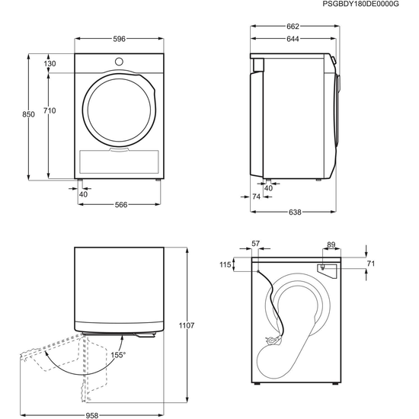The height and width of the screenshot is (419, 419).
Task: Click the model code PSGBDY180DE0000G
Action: [x=370, y=5]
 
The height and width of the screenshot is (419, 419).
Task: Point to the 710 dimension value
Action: [x=50, y=111]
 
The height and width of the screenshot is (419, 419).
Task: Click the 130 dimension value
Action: [x=50, y=64]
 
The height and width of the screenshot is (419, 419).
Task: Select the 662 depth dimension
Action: [x=293, y=27]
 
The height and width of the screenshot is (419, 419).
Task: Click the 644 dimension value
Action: [x=293, y=40]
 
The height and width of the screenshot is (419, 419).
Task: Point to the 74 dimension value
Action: [x=256, y=197]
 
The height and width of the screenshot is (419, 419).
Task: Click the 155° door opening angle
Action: [x=119, y=354]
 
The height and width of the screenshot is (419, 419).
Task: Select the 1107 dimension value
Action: [x=187, y=325]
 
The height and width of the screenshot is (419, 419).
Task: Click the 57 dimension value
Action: [x=256, y=244]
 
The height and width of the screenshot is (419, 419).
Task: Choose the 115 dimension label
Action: [x=225, y=264]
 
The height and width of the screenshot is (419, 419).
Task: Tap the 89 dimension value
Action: [x=331, y=244]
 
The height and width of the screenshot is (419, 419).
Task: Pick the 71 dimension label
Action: [x=371, y=264]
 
